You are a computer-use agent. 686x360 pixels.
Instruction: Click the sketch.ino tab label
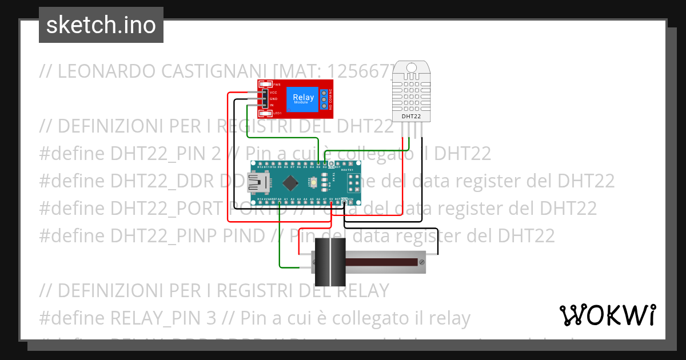click(x=101, y=25)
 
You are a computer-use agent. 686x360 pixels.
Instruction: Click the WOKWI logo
click(x=607, y=315)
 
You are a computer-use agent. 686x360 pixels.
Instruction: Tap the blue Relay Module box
click(x=303, y=98)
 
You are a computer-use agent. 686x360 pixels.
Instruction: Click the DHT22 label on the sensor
click(x=411, y=116)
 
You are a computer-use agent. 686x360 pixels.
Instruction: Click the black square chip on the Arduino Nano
click(x=292, y=183)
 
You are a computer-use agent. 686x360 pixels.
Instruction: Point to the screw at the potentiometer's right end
click(x=421, y=262)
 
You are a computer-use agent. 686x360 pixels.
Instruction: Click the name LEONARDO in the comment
click(x=108, y=71)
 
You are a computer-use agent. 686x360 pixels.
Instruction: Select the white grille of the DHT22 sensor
click(x=411, y=95)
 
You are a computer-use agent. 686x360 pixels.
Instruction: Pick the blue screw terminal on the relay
click(x=324, y=99)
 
